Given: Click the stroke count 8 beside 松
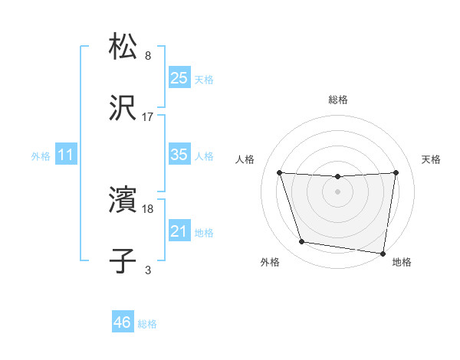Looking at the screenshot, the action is [148, 56].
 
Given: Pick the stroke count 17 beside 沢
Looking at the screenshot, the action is [148, 117].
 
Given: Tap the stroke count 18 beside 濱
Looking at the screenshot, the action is [148, 208].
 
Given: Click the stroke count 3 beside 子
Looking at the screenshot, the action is [148, 270].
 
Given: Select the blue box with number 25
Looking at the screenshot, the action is [179, 78].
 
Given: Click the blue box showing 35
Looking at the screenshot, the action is [179, 155].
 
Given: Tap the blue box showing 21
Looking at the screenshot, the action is [179, 231].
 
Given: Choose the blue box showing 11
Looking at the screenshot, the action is [66, 155].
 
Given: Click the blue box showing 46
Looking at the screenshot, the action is [122, 322].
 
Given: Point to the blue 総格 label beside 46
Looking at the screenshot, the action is [147, 324].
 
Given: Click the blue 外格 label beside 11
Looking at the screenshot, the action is [41, 156].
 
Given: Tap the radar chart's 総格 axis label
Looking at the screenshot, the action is [338, 100].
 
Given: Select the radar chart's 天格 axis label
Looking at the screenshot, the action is [431, 159].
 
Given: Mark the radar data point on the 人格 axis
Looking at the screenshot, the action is [280, 173].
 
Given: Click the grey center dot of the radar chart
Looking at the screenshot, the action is [338, 191].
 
